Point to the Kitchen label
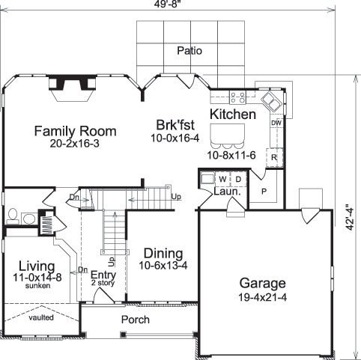232,115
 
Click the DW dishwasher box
276,123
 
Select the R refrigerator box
275,158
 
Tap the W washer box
222,180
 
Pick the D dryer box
238,180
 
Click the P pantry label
264,192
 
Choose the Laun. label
227,192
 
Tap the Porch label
136,320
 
